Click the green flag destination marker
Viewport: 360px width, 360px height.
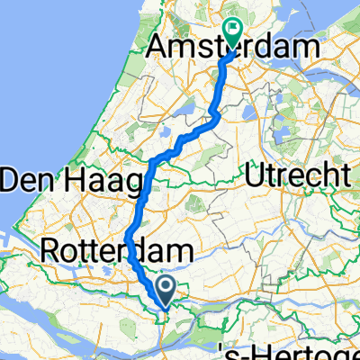pyautogui.click(x=233, y=33)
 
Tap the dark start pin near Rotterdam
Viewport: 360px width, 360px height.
pyautogui.click(x=167, y=290)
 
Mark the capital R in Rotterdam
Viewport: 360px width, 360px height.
pyautogui.click(x=52, y=249)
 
